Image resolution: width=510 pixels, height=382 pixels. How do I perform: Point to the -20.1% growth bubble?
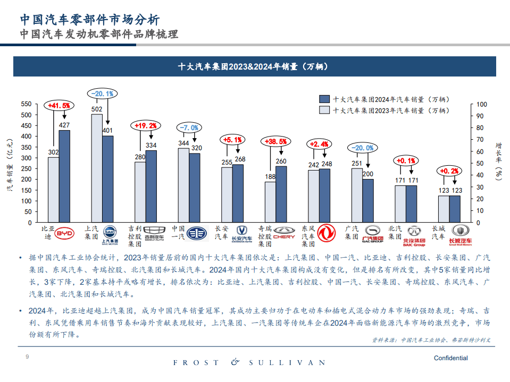(x=102, y=94)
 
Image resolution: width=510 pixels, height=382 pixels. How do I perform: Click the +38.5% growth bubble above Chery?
(x=275, y=141)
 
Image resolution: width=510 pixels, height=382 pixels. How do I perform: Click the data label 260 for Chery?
(x=281, y=161)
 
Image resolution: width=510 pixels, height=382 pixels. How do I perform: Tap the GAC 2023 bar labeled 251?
(x=356, y=190)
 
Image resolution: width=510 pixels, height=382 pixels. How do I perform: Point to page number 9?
(x=27, y=356)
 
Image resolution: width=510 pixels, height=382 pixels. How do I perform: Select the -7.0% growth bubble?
(x=189, y=128)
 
